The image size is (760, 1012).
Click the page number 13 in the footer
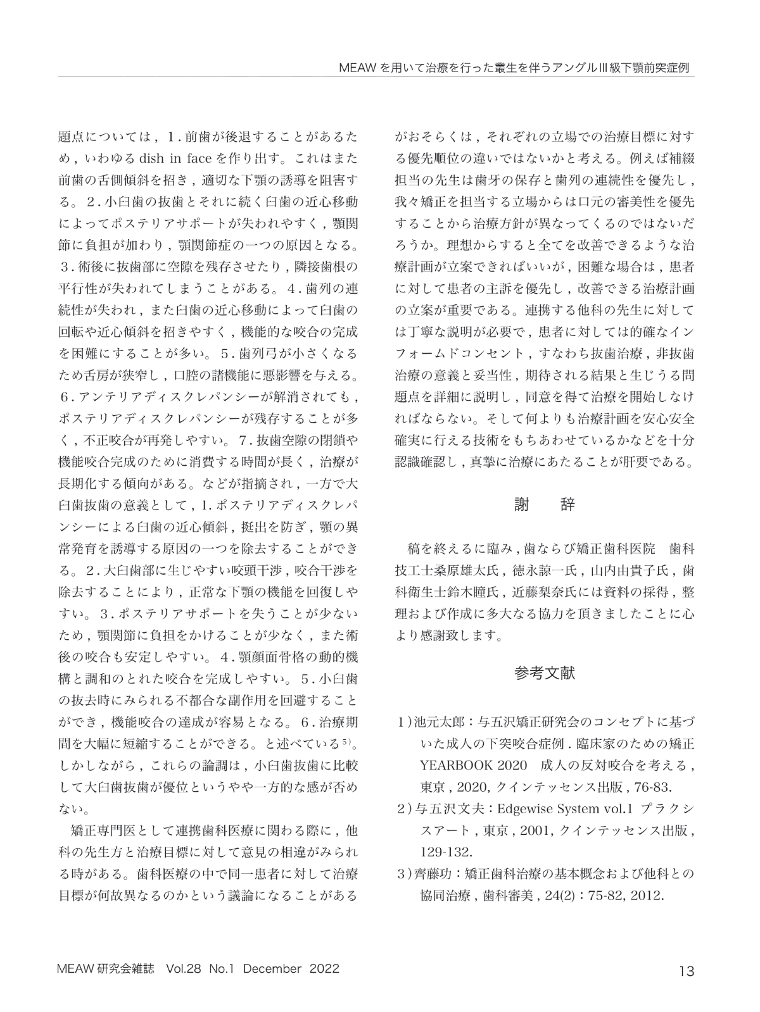click(x=686, y=970)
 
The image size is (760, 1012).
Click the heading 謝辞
click(x=545, y=504)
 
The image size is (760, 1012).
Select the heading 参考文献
click(x=545, y=673)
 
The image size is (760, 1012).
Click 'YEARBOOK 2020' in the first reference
click(x=474, y=765)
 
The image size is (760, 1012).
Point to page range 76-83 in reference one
click(x=655, y=787)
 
